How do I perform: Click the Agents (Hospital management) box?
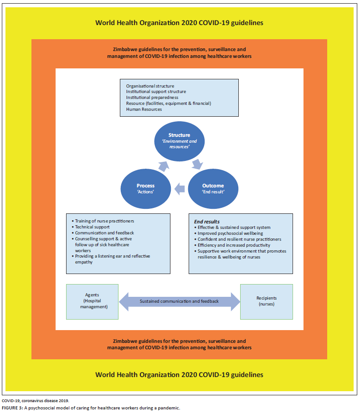coord(92,302)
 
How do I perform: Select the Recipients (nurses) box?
coord(266,302)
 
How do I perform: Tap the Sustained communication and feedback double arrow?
coord(179,301)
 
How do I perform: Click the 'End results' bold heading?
coord(207,222)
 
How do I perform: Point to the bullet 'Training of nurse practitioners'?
coord(105,221)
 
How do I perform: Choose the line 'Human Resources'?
coord(144,109)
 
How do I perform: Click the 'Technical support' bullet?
coord(93,227)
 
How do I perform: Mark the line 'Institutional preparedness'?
coord(152,98)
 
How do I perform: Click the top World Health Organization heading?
coord(179,22)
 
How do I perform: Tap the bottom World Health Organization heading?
coord(179,374)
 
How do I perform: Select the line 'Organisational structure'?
coord(150,86)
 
